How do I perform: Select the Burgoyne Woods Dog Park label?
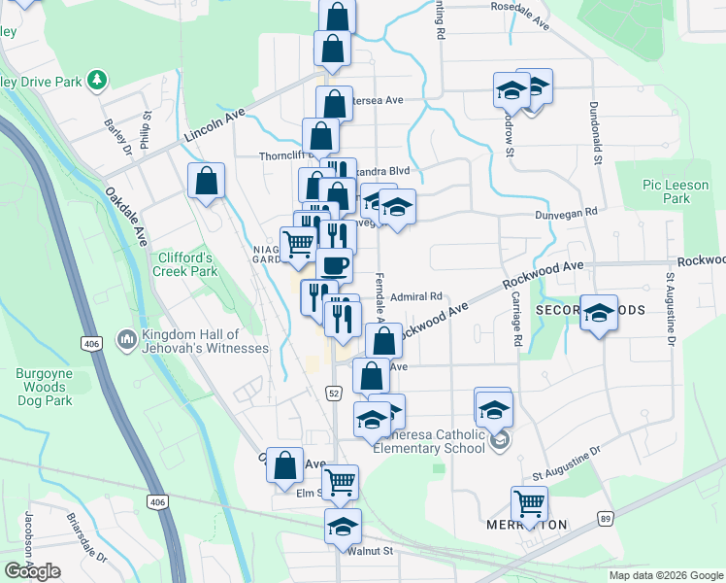(x=44, y=387)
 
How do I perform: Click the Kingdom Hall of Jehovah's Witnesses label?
(x=204, y=341)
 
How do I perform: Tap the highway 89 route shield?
(x=606, y=518)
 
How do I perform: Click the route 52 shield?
(x=332, y=392)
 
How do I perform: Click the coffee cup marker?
(x=334, y=264)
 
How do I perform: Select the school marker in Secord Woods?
(x=599, y=313)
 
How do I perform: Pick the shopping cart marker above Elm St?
(x=340, y=482)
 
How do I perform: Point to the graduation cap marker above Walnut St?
(x=342, y=526)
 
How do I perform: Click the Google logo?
(x=32, y=571)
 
